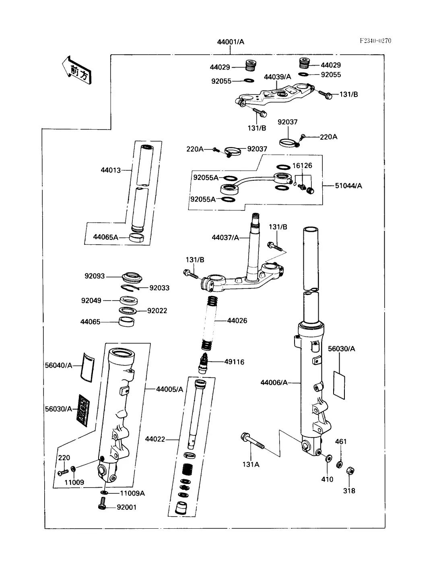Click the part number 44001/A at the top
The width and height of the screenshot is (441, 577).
pos(231,42)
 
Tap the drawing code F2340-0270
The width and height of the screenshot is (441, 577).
pos(375,41)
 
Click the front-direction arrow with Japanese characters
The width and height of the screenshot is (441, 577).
pos(77,70)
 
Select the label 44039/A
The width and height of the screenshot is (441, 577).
pos(277,77)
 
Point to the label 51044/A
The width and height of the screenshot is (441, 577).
pos(348,185)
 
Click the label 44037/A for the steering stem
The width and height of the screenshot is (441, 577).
pos(225,237)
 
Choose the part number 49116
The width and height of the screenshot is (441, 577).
pos(234,362)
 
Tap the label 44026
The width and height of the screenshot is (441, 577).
pos(237,321)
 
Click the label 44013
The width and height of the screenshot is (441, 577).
pos(111,170)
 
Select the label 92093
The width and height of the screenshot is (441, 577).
pos(95,276)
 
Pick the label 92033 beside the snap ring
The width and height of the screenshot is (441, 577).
pos(159,288)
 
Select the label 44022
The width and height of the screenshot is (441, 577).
pos(155,439)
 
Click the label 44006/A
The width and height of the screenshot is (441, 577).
pos(274,382)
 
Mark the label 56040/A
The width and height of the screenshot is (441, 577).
pos(58,365)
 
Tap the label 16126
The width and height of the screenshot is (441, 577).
pos(302,165)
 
